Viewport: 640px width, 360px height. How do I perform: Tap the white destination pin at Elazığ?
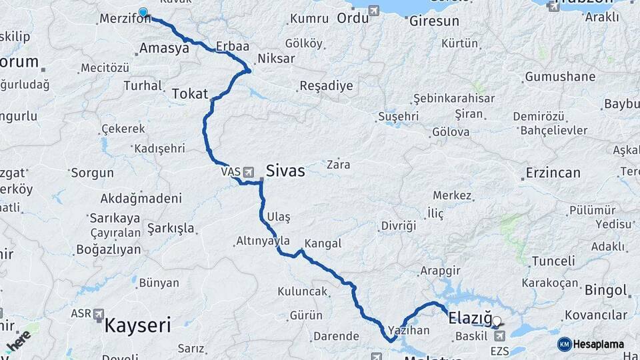[496, 321]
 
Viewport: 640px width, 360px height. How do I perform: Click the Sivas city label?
[285, 171]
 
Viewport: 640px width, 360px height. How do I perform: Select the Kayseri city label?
[137, 326]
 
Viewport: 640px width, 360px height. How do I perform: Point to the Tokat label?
[190, 94]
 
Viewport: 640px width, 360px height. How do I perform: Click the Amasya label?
[165, 48]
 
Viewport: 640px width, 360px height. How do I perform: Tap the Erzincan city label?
[553, 173]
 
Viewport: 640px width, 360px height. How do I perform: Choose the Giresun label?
[434, 21]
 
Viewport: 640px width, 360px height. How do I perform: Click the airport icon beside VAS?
[249, 172]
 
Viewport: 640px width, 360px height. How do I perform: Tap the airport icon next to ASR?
[99, 313]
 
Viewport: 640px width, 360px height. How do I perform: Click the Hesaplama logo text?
[599, 344]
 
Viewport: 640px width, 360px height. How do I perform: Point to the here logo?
[19, 341]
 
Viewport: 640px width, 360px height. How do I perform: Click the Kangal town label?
[323, 243]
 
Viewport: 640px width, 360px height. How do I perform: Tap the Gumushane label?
[560, 77]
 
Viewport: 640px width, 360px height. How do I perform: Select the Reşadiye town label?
[326, 86]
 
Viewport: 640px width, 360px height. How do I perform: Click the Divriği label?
[399, 226]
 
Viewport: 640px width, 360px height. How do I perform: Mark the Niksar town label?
[275, 59]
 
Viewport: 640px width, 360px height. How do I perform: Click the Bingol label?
[605, 291]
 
